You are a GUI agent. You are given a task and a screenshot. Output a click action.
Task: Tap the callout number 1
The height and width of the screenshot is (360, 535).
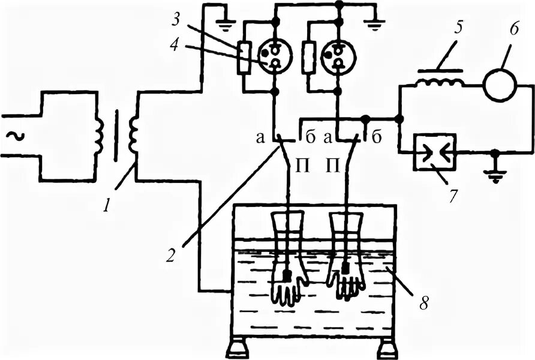pyautogui.click(x=107, y=206)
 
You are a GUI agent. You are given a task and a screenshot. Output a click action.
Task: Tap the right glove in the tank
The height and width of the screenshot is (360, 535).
pyautogui.click(x=347, y=259)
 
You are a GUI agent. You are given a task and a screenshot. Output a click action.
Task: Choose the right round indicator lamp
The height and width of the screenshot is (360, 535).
pyautogui.click(x=338, y=56)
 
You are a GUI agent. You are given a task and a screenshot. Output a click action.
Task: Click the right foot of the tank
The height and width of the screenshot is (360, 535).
pyautogui.click(x=387, y=347)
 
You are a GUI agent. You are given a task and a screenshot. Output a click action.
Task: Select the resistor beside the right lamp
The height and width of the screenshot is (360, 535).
pyautogui.click(x=309, y=56)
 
